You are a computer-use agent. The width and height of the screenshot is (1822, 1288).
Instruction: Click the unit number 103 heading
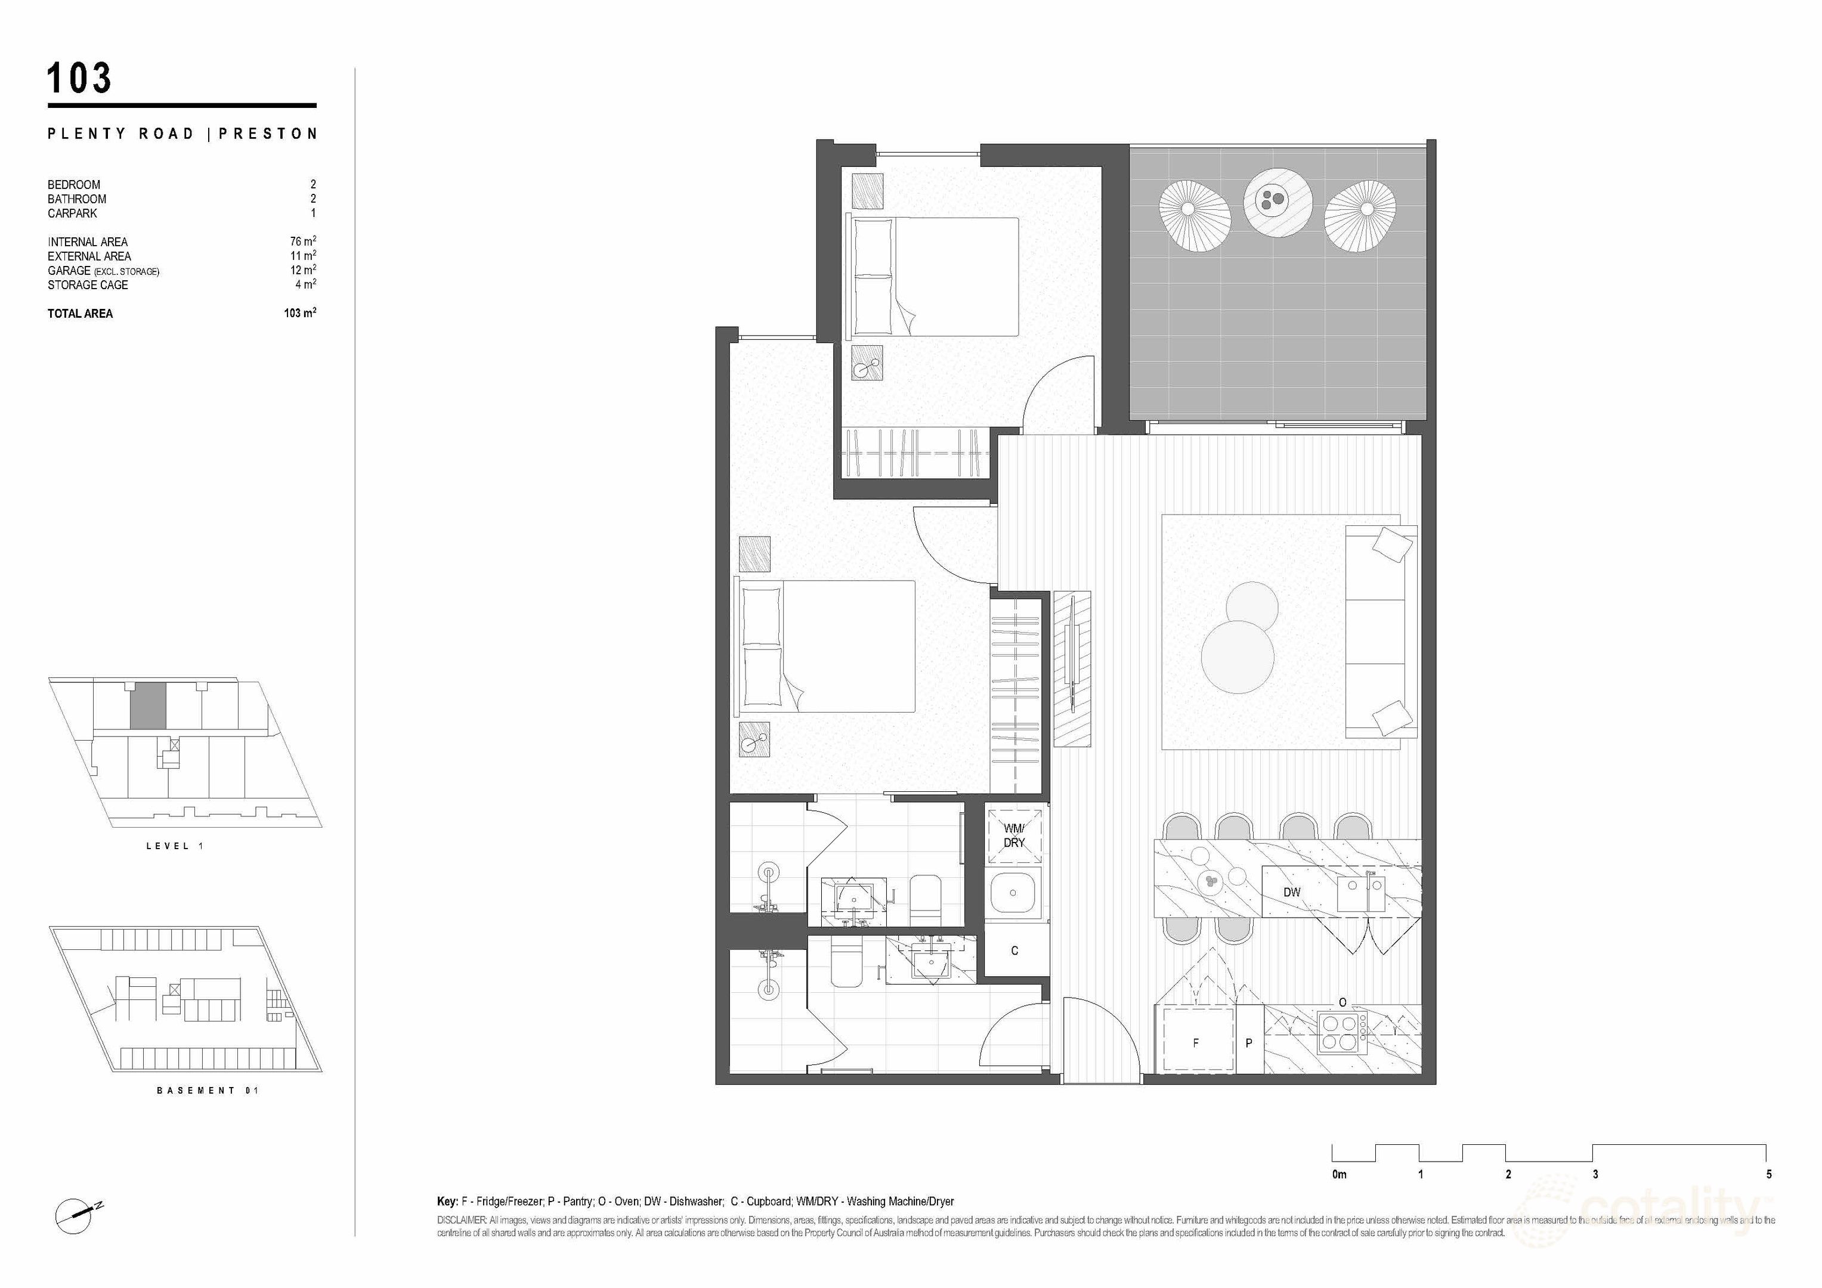(79, 79)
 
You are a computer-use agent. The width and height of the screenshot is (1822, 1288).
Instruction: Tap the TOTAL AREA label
(80, 314)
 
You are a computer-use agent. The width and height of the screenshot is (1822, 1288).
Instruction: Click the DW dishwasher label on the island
(1292, 892)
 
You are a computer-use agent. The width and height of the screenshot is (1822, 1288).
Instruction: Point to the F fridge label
(1196, 1043)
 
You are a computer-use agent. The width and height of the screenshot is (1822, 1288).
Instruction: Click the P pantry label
(1248, 1043)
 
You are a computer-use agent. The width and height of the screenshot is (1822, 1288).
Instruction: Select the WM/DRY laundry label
(1014, 835)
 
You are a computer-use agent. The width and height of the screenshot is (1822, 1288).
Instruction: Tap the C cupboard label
(1014, 950)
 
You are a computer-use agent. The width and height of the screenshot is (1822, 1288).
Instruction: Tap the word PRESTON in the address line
(268, 134)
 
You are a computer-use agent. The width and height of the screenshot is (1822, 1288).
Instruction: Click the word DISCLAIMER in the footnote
(462, 1220)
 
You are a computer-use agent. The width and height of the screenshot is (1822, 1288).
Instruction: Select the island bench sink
(1361, 894)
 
